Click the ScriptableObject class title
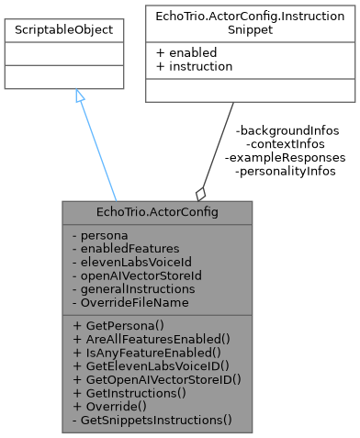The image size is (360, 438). point(64,30)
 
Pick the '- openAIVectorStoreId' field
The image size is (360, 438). point(129,275)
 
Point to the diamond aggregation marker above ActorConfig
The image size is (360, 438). point(200,193)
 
